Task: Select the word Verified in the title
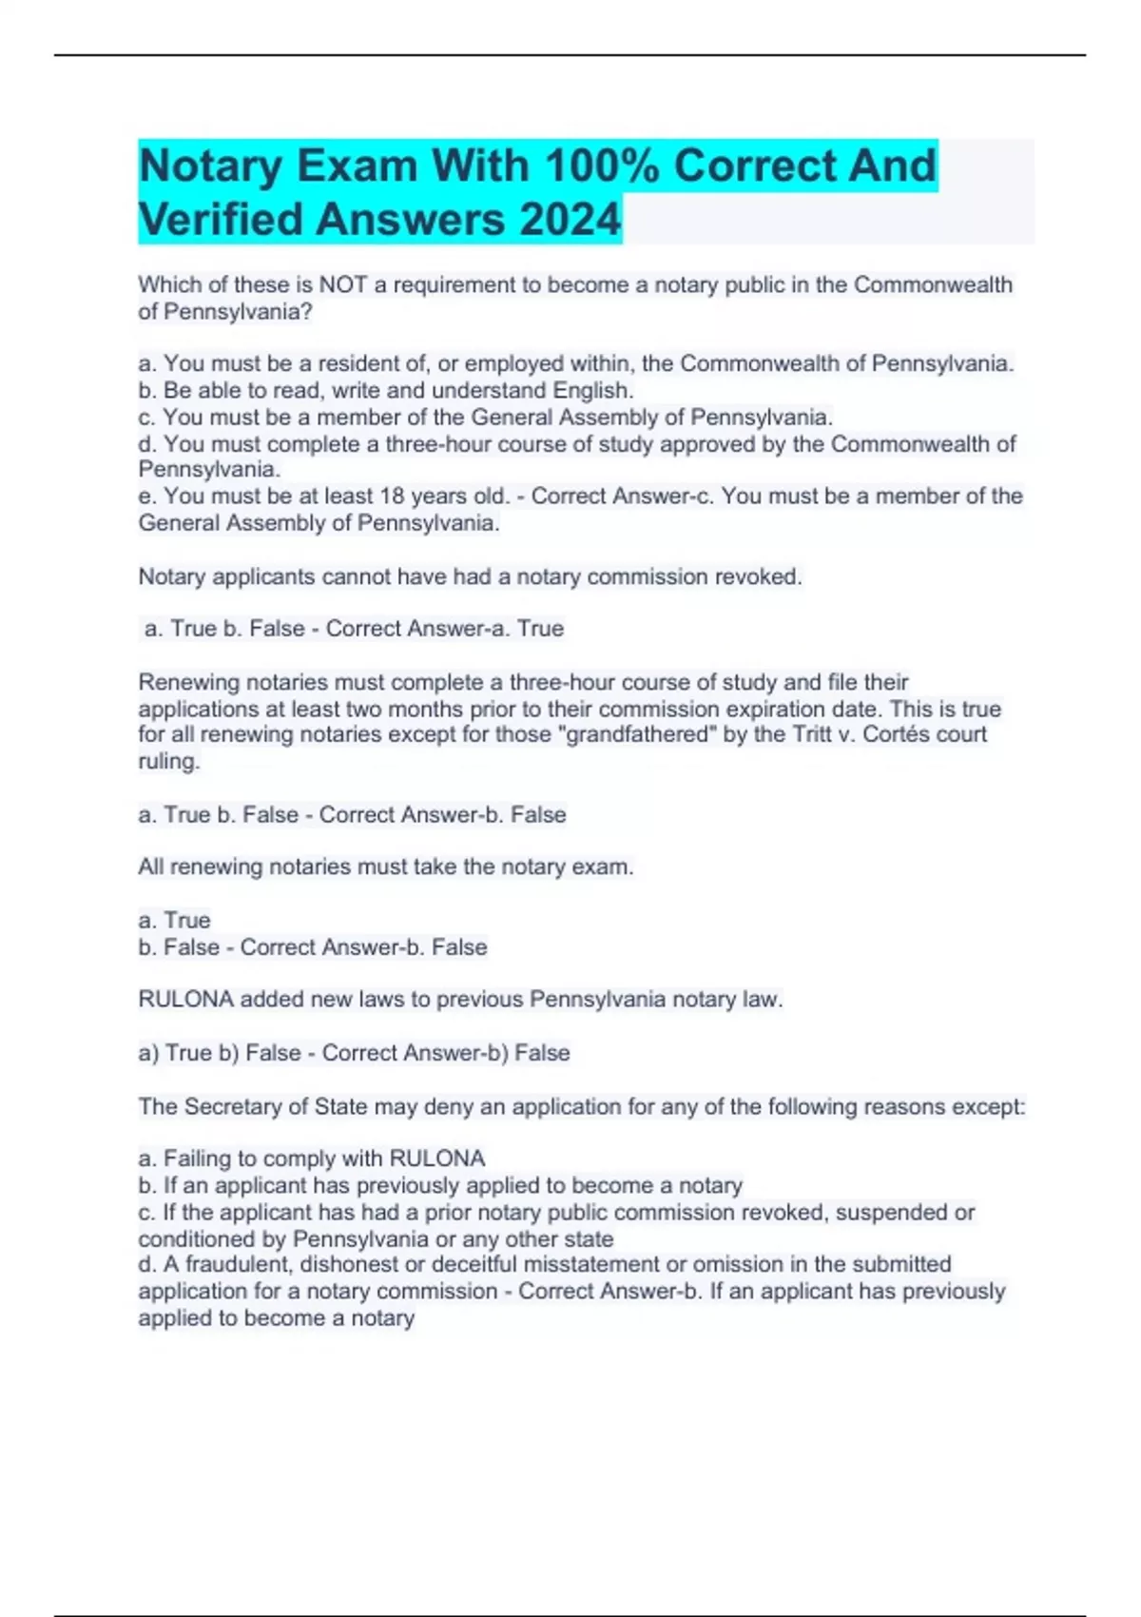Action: click(225, 220)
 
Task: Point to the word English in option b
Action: click(592, 390)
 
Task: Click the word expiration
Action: click(797, 709)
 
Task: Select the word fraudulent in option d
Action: click(235, 1264)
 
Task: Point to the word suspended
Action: click(892, 1212)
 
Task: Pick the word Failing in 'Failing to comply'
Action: click(195, 1159)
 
